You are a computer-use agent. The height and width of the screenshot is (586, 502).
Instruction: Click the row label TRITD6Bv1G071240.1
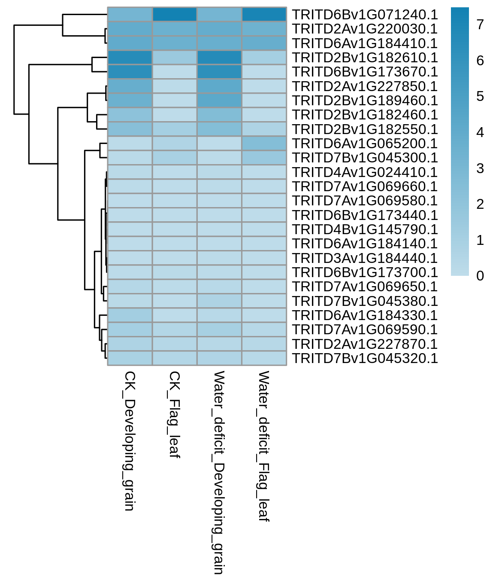point(365,15)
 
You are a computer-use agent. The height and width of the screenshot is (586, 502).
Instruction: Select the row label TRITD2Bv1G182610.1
point(365,58)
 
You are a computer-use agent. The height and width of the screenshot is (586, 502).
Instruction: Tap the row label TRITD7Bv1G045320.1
point(365,358)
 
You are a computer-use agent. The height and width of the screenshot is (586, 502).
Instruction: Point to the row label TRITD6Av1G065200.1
point(365,143)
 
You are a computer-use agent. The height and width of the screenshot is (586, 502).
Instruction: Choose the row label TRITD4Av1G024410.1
point(365,172)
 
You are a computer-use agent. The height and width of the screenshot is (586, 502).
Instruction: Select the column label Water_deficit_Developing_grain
point(218,473)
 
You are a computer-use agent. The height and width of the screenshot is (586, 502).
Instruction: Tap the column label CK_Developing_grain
point(130,441)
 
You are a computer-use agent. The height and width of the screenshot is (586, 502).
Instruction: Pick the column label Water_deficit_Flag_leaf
point(263,446)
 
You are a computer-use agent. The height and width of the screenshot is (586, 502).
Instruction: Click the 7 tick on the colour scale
point(480,24)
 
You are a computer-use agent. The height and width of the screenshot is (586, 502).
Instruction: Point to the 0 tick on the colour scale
point(480,276)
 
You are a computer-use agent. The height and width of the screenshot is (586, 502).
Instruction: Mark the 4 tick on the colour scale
point(480,132)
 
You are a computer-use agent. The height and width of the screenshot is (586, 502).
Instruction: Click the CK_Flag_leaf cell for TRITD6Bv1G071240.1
point(175,15)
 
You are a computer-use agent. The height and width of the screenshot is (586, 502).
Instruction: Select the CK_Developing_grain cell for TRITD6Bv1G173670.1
point(130,72)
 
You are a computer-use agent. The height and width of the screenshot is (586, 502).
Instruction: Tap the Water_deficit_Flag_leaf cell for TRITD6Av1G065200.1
point(264,143)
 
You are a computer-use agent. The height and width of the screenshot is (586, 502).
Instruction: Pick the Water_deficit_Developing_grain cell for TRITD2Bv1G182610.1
point(219,57)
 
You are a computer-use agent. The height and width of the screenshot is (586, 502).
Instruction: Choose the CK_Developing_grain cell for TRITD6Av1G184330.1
point(130,315)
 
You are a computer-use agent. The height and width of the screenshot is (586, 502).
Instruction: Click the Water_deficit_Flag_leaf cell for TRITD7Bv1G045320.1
point(264,358)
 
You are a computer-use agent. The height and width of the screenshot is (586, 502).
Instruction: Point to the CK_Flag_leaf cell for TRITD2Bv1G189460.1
point(175,101)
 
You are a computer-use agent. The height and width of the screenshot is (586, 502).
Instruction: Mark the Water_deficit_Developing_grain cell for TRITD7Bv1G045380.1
point(219,301)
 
